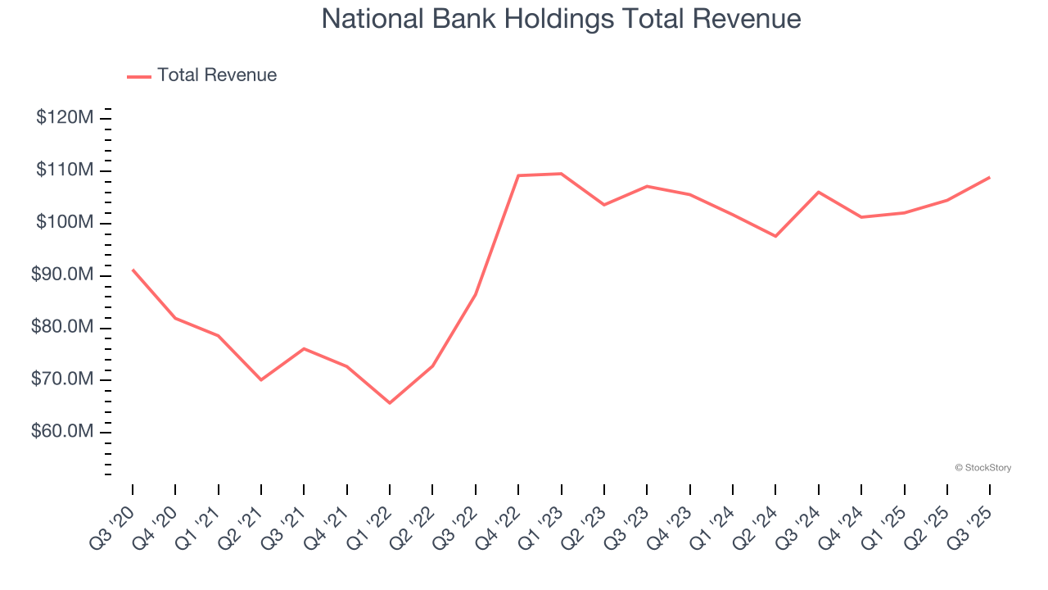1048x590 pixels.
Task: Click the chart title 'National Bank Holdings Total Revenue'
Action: (x=561, y=18)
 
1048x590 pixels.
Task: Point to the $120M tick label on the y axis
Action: (x=65, y=118)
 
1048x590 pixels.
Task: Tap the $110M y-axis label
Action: (x=65, y=170)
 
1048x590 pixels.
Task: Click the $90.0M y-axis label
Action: (x=62, y=275)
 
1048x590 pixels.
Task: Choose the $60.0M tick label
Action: (x=62, y=433)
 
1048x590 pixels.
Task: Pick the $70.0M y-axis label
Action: (x=62, y=380)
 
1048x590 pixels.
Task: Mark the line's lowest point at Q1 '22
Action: (x=390, y=403)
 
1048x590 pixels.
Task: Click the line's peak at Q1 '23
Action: (x=561, y=173)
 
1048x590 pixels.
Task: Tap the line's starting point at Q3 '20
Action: (x=133, y=270)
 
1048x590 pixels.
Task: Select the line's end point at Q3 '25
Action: (x=989, y=177)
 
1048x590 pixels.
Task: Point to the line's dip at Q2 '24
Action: (x=775, y=236)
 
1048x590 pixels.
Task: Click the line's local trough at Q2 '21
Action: (x=261, y=379)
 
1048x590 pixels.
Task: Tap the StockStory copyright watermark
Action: (x=982, y=468)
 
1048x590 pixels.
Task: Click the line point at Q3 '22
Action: (x=476, y=294)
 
